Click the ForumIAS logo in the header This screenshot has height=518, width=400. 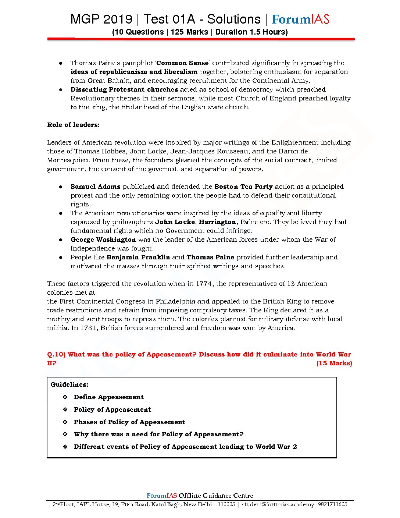(x=300, y=19)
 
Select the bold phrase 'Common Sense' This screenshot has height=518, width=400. (x=182, y=63)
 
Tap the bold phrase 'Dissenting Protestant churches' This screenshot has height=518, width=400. (x=124, y=89)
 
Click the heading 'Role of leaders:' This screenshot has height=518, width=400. (x=73, y=125)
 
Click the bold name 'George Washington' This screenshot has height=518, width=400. (x=103, y=240)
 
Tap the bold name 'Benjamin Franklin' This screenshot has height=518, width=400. (x=138, y=257)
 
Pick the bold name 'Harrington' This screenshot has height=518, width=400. (x=217, y=222)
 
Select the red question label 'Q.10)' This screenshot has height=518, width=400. (x=56, y=354)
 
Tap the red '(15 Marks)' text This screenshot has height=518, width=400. (x=334, y=363)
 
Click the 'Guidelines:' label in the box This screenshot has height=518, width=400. (x=69, y=384)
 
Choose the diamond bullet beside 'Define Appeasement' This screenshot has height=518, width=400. (x=65, y=397)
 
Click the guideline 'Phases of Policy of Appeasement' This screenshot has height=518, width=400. (x=129, y=422)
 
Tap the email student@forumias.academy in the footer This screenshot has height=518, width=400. (x=278, y=504)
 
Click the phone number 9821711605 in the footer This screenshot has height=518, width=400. (x=332, y=504)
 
